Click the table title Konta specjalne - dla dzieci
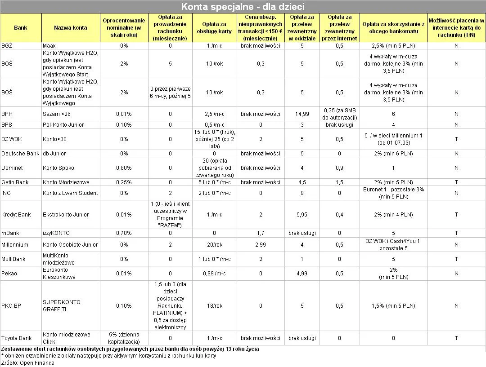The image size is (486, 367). pyautogui.click(x=243, y=7)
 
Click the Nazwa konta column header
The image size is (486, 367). pyautogui.click(x=71, y=28)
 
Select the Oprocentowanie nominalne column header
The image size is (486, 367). pyautogui.click(x=124, y=28)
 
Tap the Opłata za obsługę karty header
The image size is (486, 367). pyautogui.click(x=214, y=28)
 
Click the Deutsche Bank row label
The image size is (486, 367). pyautogui.click(x=21, y=154)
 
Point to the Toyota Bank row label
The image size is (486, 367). pyautogui.click(x=17, y=338)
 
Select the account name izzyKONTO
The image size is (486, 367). pyautogui.click(x=56, y=233)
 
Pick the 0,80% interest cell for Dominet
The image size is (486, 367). pyautogui.click(x=124, y=168)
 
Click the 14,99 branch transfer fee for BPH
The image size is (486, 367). pyautogui.click(x=302, y=114)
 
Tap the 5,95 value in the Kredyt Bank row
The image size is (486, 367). pyautogui.click(x=302, y=215)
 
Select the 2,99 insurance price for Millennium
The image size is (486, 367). pyautogui.click(x=261, y=245)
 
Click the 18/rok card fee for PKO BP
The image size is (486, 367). pyautogui.click(x=214, y=306)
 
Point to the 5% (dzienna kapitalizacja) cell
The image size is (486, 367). pyautogui.click(x=124, y=338)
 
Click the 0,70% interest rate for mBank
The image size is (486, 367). pyautogui.click(x=124, y=233)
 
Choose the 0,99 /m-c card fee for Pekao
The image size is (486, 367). pyautogui.click(x=214, y=274)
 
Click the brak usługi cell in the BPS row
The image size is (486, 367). pyautogui.click(x=339, y=125)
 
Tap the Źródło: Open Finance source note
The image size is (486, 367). pyautogui.click(x=27, y=363)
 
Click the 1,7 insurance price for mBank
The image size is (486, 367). pyautogui.click(x=261, y=233)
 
